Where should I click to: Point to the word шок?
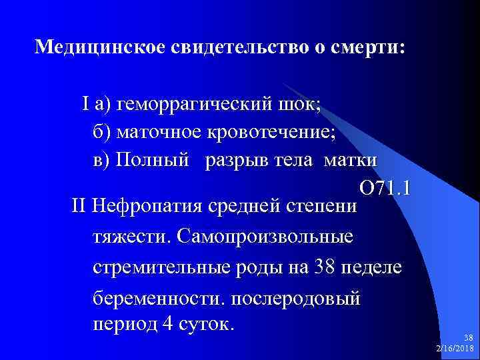tap(299, 105)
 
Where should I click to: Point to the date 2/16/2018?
tap(454, 349)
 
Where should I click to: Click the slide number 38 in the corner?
tap(467, 339)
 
